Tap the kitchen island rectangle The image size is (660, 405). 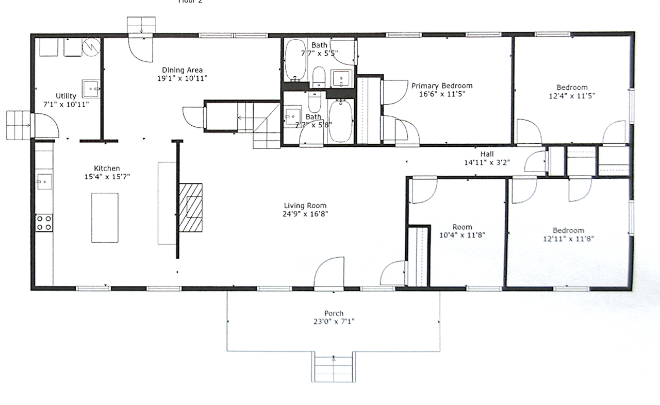(x=105, y=217)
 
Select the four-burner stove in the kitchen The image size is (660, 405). (x=44, y=223)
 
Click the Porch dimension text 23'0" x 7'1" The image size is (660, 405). (x=334, y=322)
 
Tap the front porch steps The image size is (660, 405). (x=334, y=366)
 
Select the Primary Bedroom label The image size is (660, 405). (x=442, y=86)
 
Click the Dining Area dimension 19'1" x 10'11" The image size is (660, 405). (x=183, y=78)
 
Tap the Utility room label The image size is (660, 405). (x=66, y=96)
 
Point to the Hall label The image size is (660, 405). (x=487, y=154)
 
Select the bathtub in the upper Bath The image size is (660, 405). (x=295, y=61)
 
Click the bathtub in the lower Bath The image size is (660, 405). (x=340, y=121)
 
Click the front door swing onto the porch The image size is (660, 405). (x=329, y=272)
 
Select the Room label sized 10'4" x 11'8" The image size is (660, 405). (x=462, y=227)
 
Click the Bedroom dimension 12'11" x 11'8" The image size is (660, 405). (x=568, y=239)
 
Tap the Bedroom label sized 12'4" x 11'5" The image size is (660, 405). (x=571, y=88)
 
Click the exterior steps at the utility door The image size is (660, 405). (x=18, y=125)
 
